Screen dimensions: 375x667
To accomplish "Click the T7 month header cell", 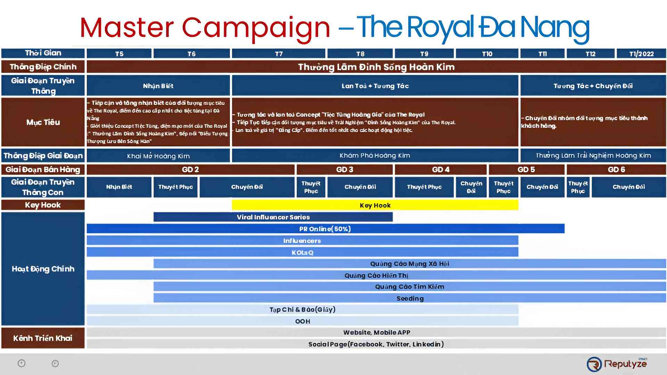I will tap(279, 54).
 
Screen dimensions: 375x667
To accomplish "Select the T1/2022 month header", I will tap(641, 54).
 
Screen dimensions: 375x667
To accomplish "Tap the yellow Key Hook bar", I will tap(375, 205).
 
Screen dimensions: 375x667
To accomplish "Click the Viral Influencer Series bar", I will tap(273, 217).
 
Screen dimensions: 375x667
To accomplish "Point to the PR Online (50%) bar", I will tap(325, 229).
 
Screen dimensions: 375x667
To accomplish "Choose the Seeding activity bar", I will tap(410, 298).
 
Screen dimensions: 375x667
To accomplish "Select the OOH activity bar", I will tap(302, 321).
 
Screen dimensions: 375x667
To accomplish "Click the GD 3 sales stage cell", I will tap(345, 169).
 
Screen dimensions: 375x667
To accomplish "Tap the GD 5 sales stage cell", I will tap(526, 169).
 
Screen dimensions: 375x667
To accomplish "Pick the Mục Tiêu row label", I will tap(43, 122).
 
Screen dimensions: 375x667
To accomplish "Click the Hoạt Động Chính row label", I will tap(43, 269).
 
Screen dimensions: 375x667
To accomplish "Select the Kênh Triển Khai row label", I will tap(43, 338).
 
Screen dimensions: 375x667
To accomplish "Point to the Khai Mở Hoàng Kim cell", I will tap(158, 156).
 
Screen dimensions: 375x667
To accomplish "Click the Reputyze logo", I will tap(617, 364).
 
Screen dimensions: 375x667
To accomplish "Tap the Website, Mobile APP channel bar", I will tap(377, 332).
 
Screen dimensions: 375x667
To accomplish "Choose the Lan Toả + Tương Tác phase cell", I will tap(375, 86).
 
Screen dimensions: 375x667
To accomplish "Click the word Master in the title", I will tap(127, 28).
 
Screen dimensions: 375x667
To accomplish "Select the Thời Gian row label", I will tap(43, 53).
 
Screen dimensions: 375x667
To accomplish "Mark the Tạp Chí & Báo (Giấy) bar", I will tap(302, 309).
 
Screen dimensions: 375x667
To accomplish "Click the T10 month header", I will tap(487, 54).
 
